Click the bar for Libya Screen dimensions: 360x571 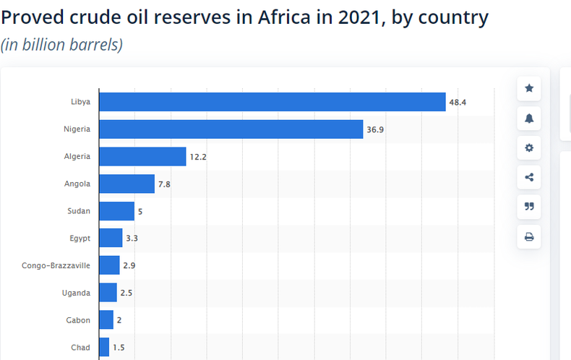click(272, 102)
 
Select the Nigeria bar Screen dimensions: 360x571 click(231, 129)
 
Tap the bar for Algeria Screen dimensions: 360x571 click(142, 156)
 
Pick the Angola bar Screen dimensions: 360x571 click(126, 184)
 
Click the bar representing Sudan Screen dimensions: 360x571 click(116, 211)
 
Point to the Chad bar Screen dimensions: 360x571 click(104, 347)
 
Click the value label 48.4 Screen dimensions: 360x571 click(458, 103)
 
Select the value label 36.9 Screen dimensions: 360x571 click(375, 129)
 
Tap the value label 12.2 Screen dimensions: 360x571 click(198, 157)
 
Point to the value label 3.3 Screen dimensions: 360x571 click(132, 239)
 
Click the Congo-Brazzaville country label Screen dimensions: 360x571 click(56, 265)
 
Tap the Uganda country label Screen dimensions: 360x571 click(76, 293)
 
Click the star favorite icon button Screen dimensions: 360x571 click(529, 88)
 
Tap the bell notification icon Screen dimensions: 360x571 click(529, 118)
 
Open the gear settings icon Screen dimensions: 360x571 click(529, 147)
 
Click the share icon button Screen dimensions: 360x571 click(529, 177)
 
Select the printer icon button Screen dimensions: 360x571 click(529, 236)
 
